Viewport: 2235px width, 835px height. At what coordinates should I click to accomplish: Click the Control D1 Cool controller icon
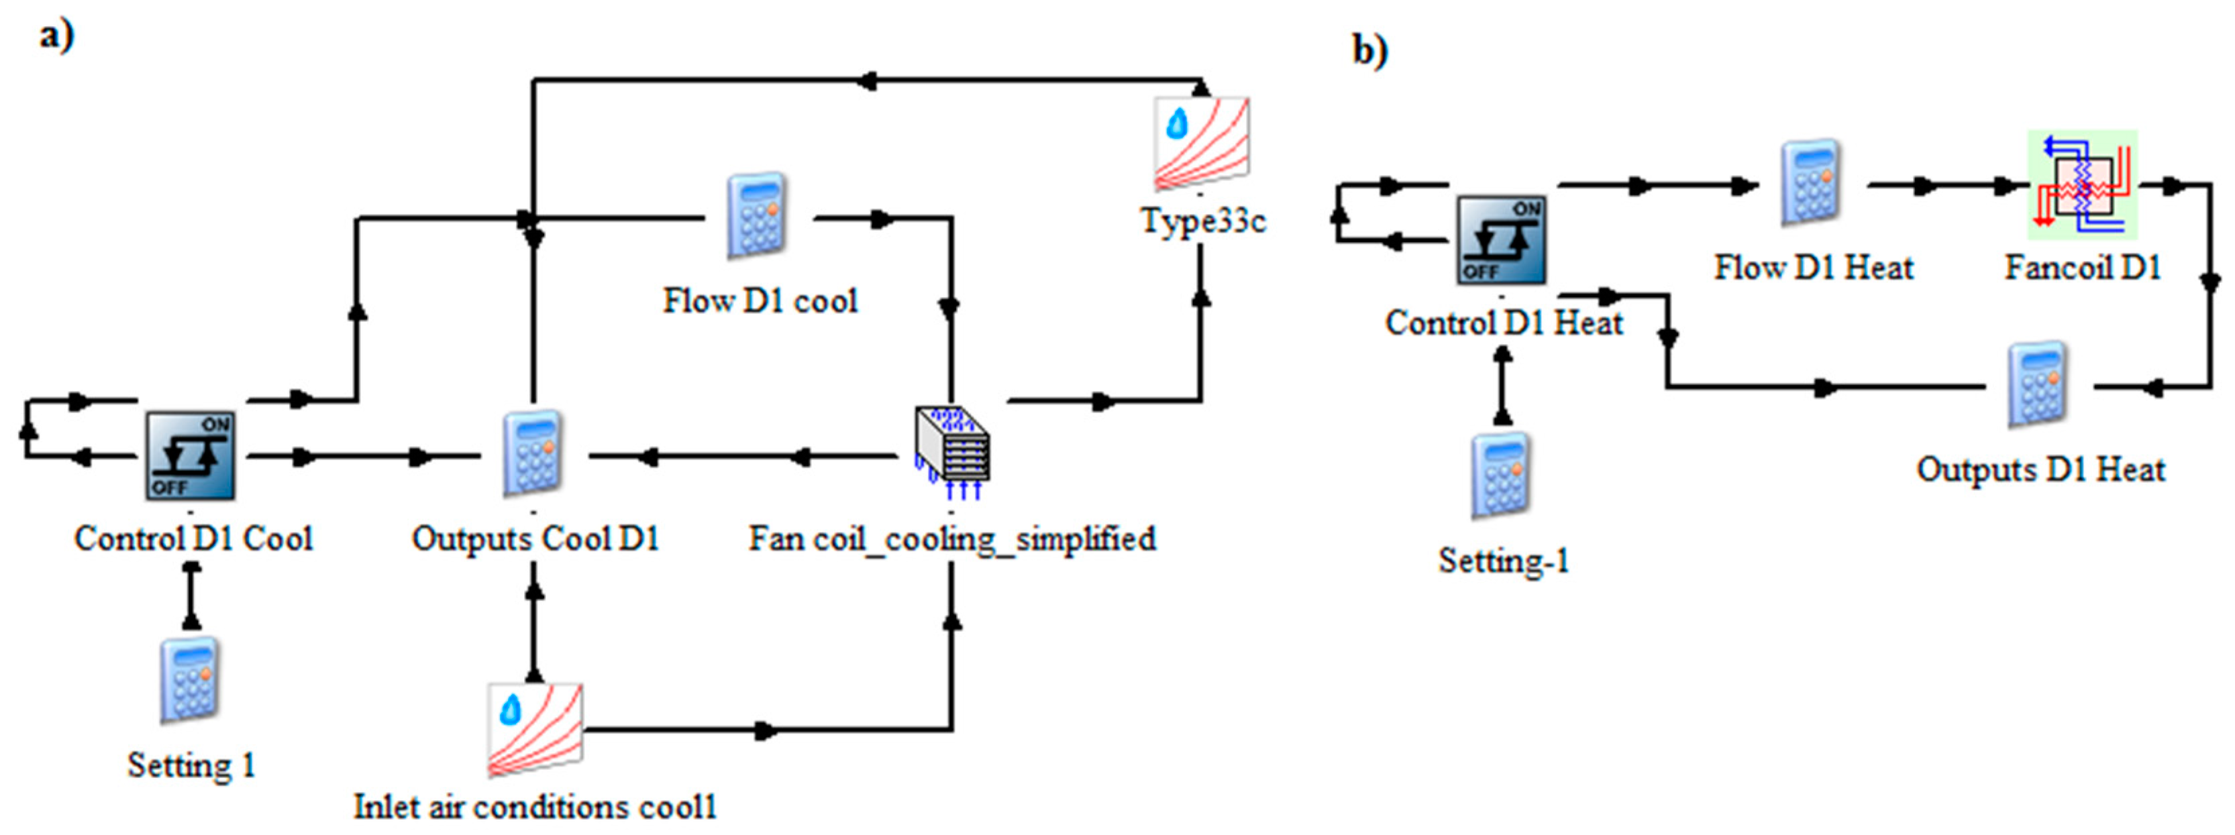[190, 455]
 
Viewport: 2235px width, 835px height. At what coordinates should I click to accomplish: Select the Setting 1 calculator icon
[190, 680]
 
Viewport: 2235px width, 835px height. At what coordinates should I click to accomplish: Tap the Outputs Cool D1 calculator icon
[533, 453]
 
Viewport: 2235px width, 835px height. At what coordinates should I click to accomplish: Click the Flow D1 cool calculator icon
[757, 216]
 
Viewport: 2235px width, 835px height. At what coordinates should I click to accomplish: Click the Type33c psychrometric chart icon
[1201, 143]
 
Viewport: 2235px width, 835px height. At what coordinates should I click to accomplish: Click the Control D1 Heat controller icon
[1501, 240]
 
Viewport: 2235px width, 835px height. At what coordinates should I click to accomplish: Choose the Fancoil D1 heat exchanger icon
[2082, 184]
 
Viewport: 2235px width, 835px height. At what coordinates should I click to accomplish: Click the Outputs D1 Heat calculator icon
[2038, 385]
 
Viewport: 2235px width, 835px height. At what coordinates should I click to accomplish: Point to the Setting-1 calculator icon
[1501, 475]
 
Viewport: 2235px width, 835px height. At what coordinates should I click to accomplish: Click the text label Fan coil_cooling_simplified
[952, 539]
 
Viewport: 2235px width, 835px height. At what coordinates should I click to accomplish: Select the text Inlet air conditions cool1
[535, 806]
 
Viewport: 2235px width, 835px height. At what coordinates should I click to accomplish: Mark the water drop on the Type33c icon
[1176, 124]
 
